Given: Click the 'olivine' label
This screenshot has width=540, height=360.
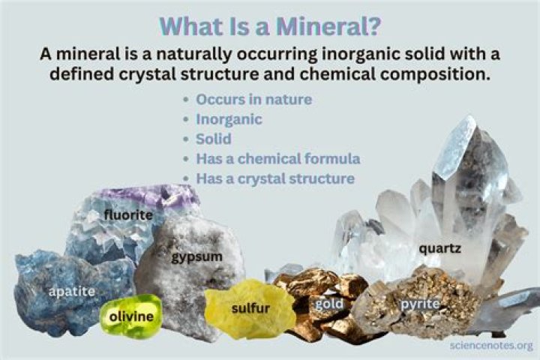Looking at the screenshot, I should click(132, 316).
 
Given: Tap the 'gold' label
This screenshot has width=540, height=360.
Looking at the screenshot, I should click(328, 304).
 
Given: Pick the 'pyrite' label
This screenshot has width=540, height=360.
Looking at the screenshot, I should click(420, 304).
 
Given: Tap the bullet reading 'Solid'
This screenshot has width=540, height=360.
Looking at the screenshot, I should click(213, 139).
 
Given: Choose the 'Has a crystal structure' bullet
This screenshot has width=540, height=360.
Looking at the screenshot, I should click(275, 179).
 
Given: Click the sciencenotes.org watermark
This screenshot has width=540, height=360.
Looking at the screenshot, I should click(491, 346).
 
